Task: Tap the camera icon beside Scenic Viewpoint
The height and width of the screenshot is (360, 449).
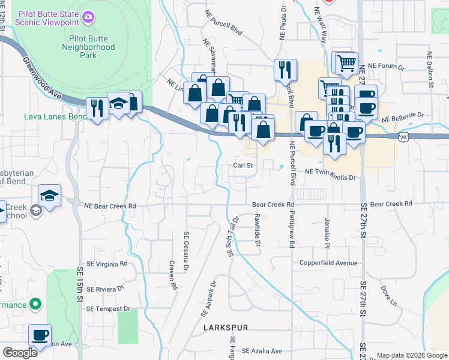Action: pos(88,17)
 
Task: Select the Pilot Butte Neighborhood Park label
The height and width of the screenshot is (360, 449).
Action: pos(88,46)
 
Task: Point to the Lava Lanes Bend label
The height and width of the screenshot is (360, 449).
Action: pos(53,116)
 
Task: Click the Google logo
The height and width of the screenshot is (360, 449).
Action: pos(20,352)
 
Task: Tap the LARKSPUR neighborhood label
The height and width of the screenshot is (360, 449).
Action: pos(226,328)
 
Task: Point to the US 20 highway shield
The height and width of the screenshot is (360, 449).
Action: pos(402,137)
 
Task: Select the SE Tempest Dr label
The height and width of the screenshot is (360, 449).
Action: pos(108,308)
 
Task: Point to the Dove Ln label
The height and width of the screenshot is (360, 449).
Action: pos(388,295)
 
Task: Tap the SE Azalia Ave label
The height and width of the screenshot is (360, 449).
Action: pos(262,351)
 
